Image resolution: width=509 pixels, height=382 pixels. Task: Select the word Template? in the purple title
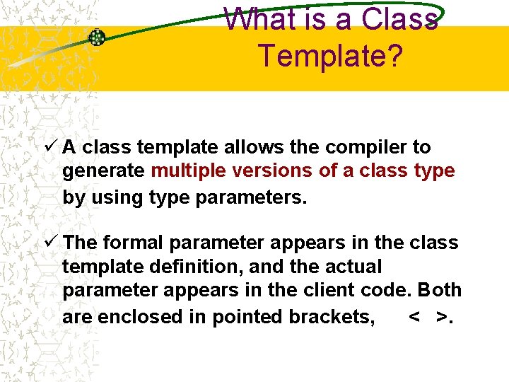[331, 55]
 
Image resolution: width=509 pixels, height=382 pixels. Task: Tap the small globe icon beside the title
[96, 37]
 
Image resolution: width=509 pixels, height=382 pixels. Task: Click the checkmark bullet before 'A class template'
[50, 147]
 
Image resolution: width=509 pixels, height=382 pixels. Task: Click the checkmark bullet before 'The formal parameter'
[50, 243]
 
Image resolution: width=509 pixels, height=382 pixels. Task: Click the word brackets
[332, 317]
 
